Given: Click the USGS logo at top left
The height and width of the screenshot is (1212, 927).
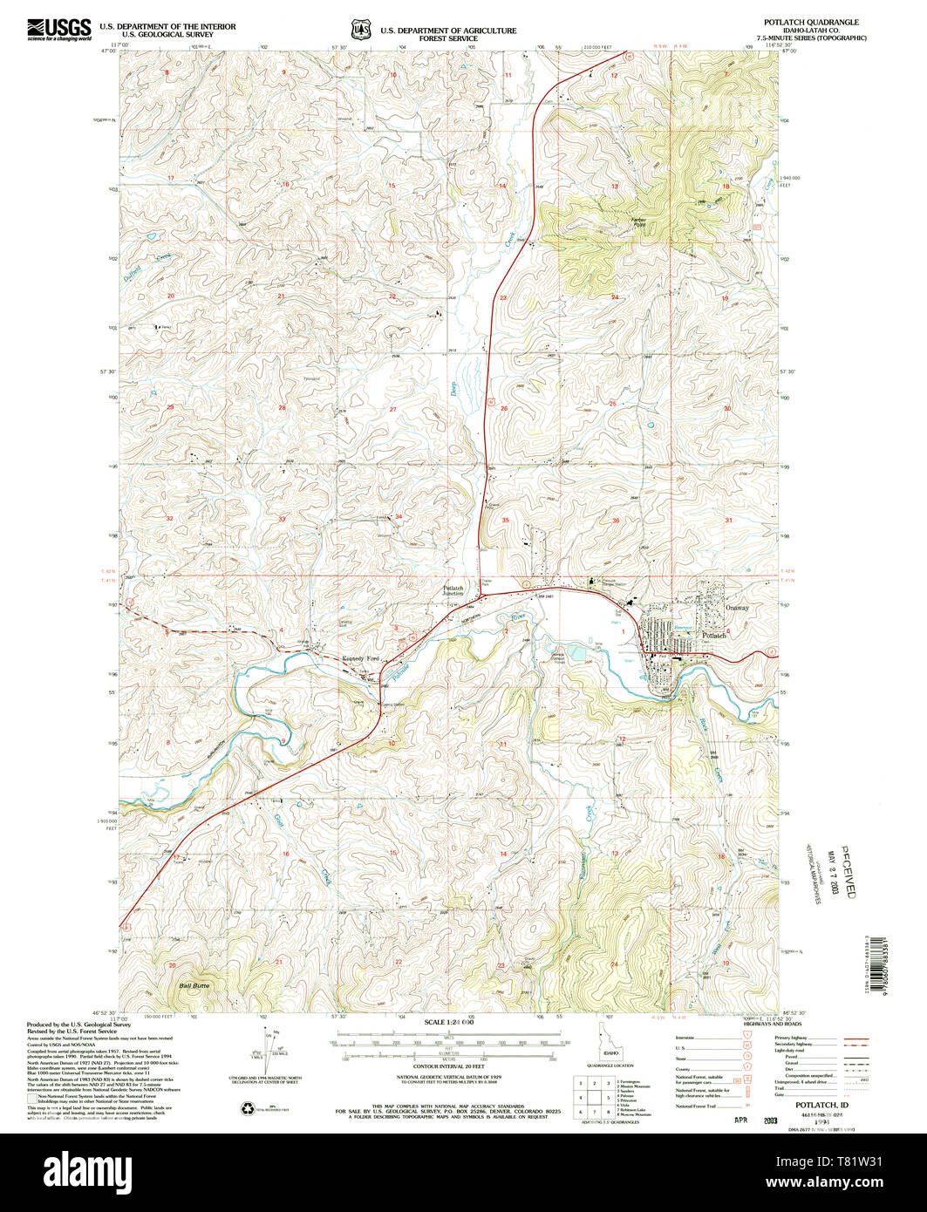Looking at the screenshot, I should click(59, 31).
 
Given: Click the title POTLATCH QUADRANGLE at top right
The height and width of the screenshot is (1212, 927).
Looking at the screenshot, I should click(820, 23).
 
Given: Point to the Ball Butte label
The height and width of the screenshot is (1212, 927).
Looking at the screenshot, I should click(194, 985).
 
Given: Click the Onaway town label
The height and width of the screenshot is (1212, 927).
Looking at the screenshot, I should click(736, 608).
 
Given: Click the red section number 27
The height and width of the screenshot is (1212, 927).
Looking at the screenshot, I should click(393, 409).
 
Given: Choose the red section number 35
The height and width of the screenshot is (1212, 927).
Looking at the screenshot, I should click(506, 520).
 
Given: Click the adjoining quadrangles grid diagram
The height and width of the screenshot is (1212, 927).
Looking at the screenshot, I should click(592, 1095).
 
